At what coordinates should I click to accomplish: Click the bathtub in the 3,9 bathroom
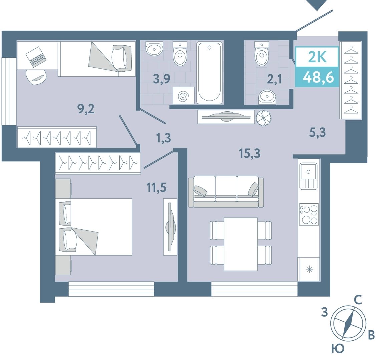209,72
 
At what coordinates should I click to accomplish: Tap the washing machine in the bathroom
184,95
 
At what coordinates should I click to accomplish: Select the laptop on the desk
36,57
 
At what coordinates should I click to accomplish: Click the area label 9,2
86,109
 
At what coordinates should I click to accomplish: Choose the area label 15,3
250,154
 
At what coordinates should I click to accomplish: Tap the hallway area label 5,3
318,133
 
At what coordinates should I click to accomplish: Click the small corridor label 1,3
164,138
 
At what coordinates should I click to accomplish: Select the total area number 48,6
318,78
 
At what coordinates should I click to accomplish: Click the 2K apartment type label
317,58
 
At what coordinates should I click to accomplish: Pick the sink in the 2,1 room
267,97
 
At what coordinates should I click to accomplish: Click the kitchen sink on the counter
309,176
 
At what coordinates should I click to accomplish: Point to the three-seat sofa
226,192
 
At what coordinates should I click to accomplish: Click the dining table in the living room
241,244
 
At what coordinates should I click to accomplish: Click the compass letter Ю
338,349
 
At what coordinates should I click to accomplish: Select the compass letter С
358,300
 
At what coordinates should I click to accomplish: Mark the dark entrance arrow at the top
317,4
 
